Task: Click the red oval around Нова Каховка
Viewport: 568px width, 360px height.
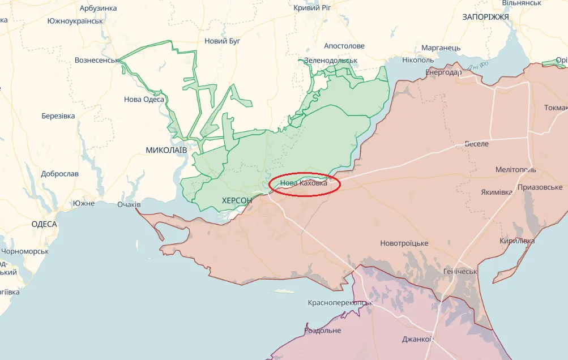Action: pos(304,184)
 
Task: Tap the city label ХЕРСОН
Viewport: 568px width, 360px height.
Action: pos(237,200)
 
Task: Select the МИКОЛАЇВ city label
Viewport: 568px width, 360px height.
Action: pos(166,150)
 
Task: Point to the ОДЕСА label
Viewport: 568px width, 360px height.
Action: pos(44,224)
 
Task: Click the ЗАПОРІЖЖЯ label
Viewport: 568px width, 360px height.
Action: pos(485,17)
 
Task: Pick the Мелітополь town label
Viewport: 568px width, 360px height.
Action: pos(515,170)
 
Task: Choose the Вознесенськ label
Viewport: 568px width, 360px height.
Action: pos(96,60)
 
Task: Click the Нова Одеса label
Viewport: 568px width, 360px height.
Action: pos(144,100)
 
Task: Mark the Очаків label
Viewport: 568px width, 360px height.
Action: pos(129,204)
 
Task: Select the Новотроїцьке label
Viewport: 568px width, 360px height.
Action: pos(404,243)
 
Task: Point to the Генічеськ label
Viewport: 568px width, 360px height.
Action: pos(460,272)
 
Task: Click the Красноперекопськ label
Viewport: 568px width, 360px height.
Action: pos(340,303)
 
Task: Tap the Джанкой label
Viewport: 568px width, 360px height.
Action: pos(417,340)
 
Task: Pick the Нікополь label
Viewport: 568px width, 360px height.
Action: pos(418,60)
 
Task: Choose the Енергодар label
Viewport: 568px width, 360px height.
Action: pos(443,72)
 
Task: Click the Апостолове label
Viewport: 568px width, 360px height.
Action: pos(344,46)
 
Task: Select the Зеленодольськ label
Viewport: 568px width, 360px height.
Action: pos(331,60)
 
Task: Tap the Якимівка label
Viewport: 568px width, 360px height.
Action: pos(497,192)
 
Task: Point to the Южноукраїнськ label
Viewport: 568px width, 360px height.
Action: pos(75,21)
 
